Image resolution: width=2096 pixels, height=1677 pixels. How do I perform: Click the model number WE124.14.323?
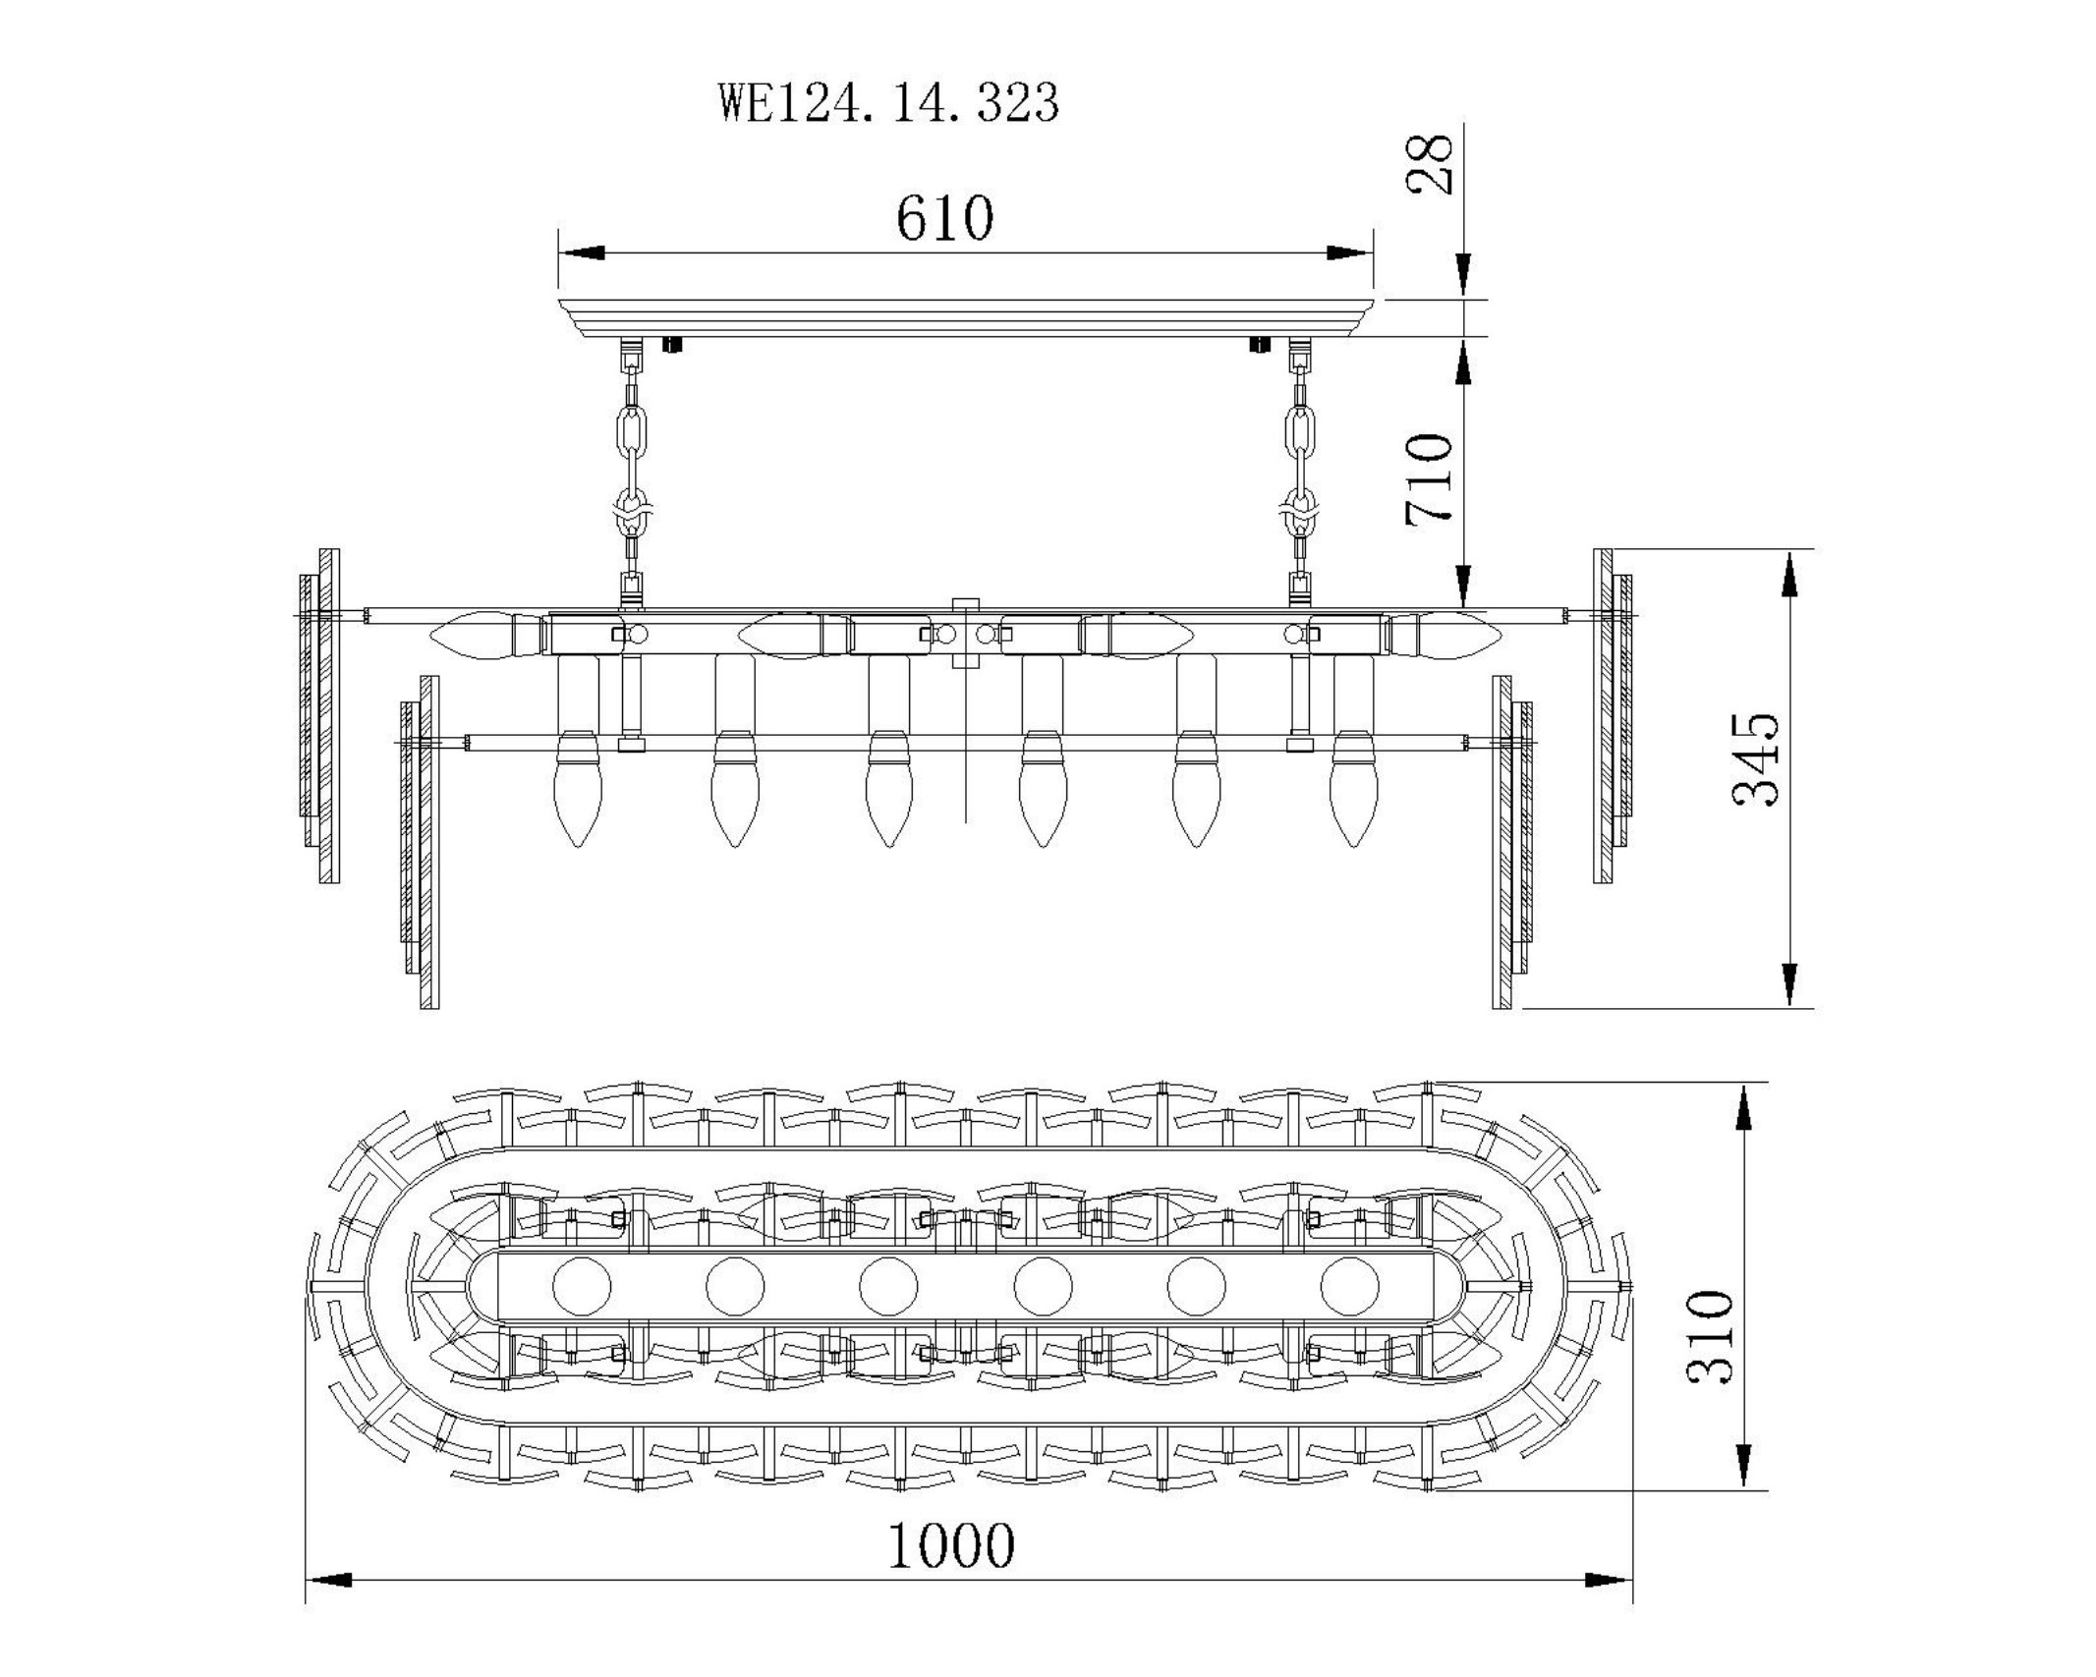pyautogui.click(x=890, y=102)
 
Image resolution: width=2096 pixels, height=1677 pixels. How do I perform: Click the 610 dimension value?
pyautogui.click(x=944, y=218)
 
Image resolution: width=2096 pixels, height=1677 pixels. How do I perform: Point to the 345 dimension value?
pyautogui.click(x=1756, y=758)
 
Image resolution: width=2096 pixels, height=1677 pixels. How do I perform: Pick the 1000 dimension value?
pyautogui.click(x=951, y=1545)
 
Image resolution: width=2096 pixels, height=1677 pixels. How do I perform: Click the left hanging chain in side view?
pyautogui.click(x=632, y=472)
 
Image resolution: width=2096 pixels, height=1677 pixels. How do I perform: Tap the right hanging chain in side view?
pyautogui.click(x=1301, y=472)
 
